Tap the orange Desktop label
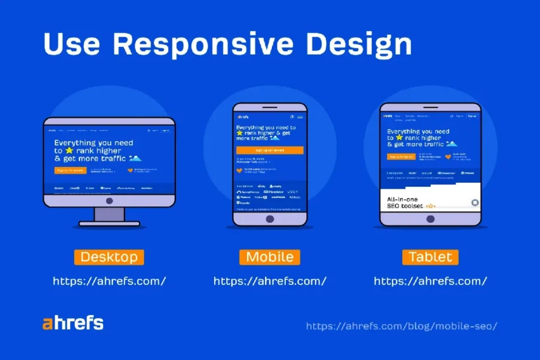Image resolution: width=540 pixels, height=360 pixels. [109, 257]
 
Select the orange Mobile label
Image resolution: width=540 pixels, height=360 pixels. [269, 257]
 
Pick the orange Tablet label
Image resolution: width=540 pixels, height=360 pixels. [430, 257]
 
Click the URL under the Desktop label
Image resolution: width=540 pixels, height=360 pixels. [109, 281]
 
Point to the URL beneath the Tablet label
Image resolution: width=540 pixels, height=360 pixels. [430, 281]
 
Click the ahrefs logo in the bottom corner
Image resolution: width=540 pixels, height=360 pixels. [72, 323]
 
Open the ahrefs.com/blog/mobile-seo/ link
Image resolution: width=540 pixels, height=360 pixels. [402, 326]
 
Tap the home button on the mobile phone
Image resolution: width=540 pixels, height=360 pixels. [269, 219]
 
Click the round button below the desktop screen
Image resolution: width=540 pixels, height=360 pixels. [109, 201]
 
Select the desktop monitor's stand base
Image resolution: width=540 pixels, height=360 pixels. [109, 223]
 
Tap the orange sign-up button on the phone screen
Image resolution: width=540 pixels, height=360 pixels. [269, 150]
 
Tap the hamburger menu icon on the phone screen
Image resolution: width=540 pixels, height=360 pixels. [300, 117]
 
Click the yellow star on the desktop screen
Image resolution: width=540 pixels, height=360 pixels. [68, 151]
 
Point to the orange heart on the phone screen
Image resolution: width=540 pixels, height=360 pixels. [240, 170]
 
